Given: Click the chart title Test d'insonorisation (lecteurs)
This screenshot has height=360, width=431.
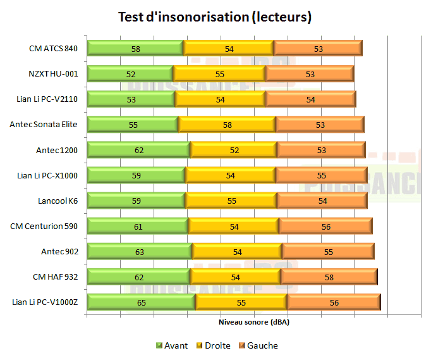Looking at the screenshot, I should pyautogui.click(x=215, y=17).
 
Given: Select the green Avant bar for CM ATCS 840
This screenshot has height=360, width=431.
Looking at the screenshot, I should pyautogui.click(x=135, y=48).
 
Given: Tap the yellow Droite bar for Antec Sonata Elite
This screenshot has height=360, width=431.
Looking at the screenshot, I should pyautogui.click(x=226, y=125).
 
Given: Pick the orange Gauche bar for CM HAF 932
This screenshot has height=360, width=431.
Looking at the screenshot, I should pyautogui.click(x=329, y=277).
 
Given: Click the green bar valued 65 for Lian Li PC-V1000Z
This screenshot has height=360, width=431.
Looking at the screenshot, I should pyautogui.click(x=141, y=302).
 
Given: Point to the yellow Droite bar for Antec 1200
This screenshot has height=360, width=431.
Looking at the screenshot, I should pyautogui.click(x=233, y=150).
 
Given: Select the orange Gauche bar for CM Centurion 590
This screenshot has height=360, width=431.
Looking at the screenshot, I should pyautogui.click(x=325, y=227).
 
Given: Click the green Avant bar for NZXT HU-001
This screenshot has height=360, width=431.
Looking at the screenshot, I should pyautogui.click(x=130, y=74).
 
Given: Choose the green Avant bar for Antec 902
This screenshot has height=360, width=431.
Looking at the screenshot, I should pyautogui.click(x=139, y=252).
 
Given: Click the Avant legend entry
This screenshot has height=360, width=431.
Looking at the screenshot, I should pyautogui.click(x=172, y=345).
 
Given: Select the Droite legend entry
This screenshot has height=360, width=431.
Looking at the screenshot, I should pyautogui.click(x=213, y=345).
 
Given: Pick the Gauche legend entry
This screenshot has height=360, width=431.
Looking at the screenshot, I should pyautogui.click(x=258, y=345).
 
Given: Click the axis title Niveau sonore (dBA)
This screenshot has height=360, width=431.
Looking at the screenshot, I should pyautogui.click(x=253, y=322).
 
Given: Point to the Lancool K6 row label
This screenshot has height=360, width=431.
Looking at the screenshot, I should pyautogui.click(x=58, y=201).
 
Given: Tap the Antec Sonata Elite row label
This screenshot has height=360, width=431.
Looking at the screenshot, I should pyautogui.click(x=44, y=125).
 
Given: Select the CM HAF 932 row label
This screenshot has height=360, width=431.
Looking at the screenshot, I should pyautogui.click(x=55, y=277).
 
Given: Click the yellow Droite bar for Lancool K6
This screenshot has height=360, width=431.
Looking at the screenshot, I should pyautogui.click(x=231, y=201).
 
